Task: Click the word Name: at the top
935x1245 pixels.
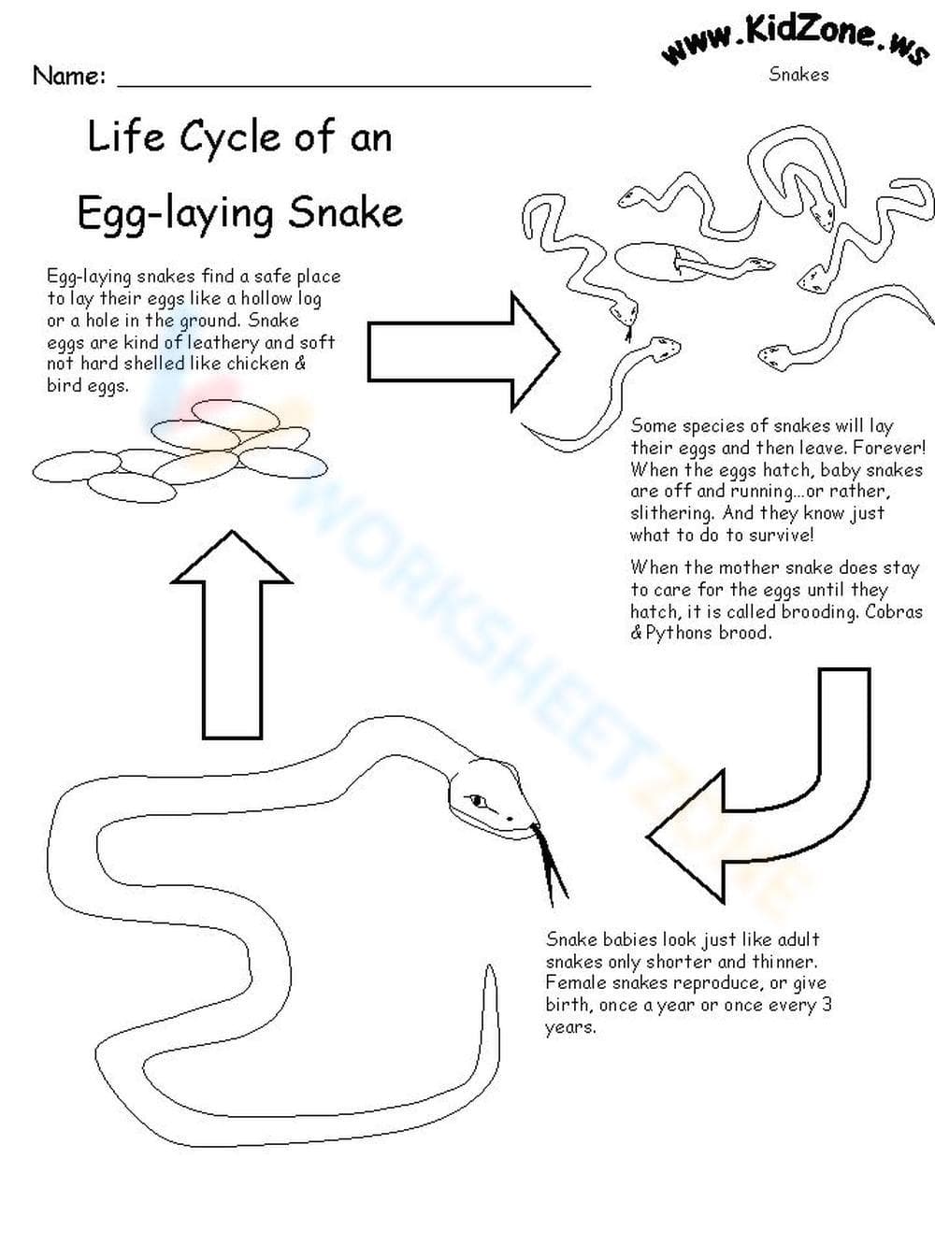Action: tap(69, 76)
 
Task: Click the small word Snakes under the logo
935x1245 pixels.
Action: tap(798, 74)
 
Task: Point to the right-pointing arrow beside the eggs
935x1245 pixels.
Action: tap(464, 351)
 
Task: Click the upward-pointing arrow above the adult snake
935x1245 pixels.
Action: tap(232, 635)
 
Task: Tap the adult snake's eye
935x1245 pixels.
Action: tap(477, 801)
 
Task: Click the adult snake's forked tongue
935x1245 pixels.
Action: tap(548, 865)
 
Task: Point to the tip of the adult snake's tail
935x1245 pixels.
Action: tap(489, 966)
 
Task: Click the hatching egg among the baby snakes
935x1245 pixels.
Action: tap(661, 262)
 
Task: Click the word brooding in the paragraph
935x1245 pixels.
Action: tap(819, 612)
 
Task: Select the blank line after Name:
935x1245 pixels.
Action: tap(354, 86)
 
